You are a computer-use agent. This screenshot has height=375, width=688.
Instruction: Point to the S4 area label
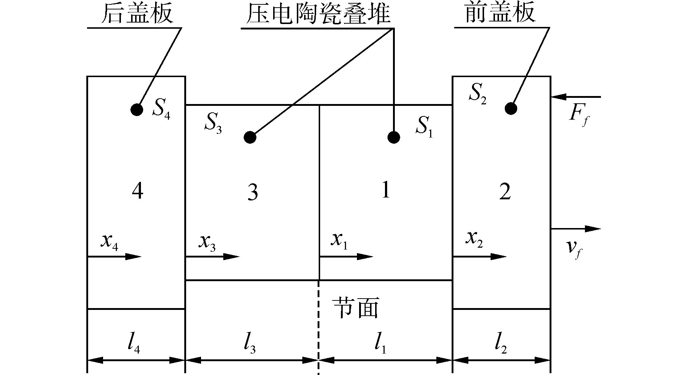161,111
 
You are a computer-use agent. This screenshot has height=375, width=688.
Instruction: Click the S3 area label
213,125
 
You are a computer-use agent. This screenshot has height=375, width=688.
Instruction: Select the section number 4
137,191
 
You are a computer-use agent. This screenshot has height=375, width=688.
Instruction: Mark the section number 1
385,190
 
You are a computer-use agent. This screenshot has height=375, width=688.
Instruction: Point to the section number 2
505,192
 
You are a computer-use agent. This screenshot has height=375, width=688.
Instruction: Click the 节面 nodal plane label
356,308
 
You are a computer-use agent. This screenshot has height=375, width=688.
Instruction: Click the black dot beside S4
137,109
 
